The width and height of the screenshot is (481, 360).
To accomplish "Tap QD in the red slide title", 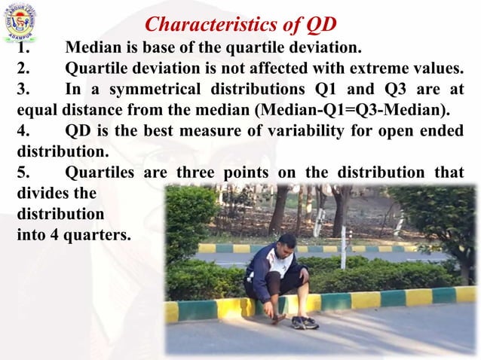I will pyautogui.click(x=319, y=25).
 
